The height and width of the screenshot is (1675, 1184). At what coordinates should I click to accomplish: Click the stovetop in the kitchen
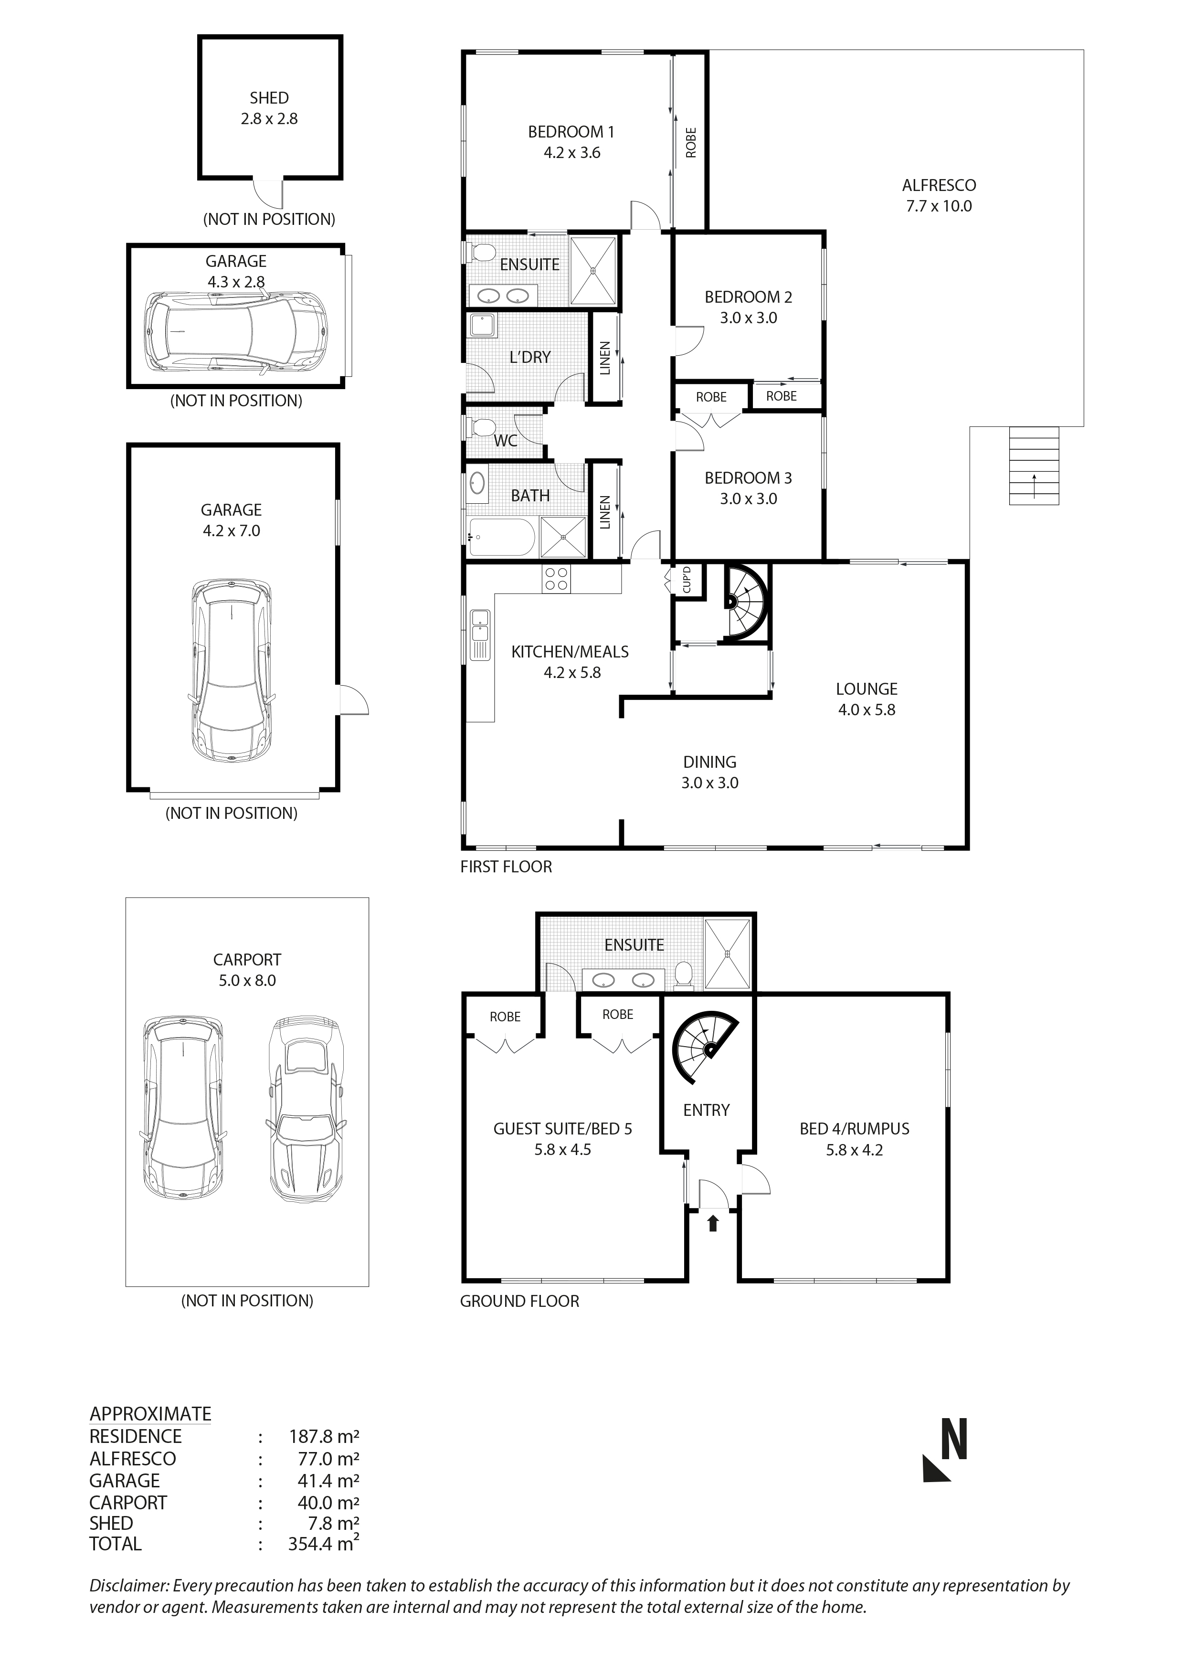click(x=556, y=579)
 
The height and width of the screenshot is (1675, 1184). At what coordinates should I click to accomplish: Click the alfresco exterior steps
click(x=1034, y=466)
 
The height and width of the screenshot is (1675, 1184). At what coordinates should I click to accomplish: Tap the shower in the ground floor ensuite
click(x=727, y=954)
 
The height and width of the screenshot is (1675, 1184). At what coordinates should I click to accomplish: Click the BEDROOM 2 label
click(x=748, y=297)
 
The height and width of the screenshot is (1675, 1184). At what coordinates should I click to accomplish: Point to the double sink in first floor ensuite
click(x=504, y=296)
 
